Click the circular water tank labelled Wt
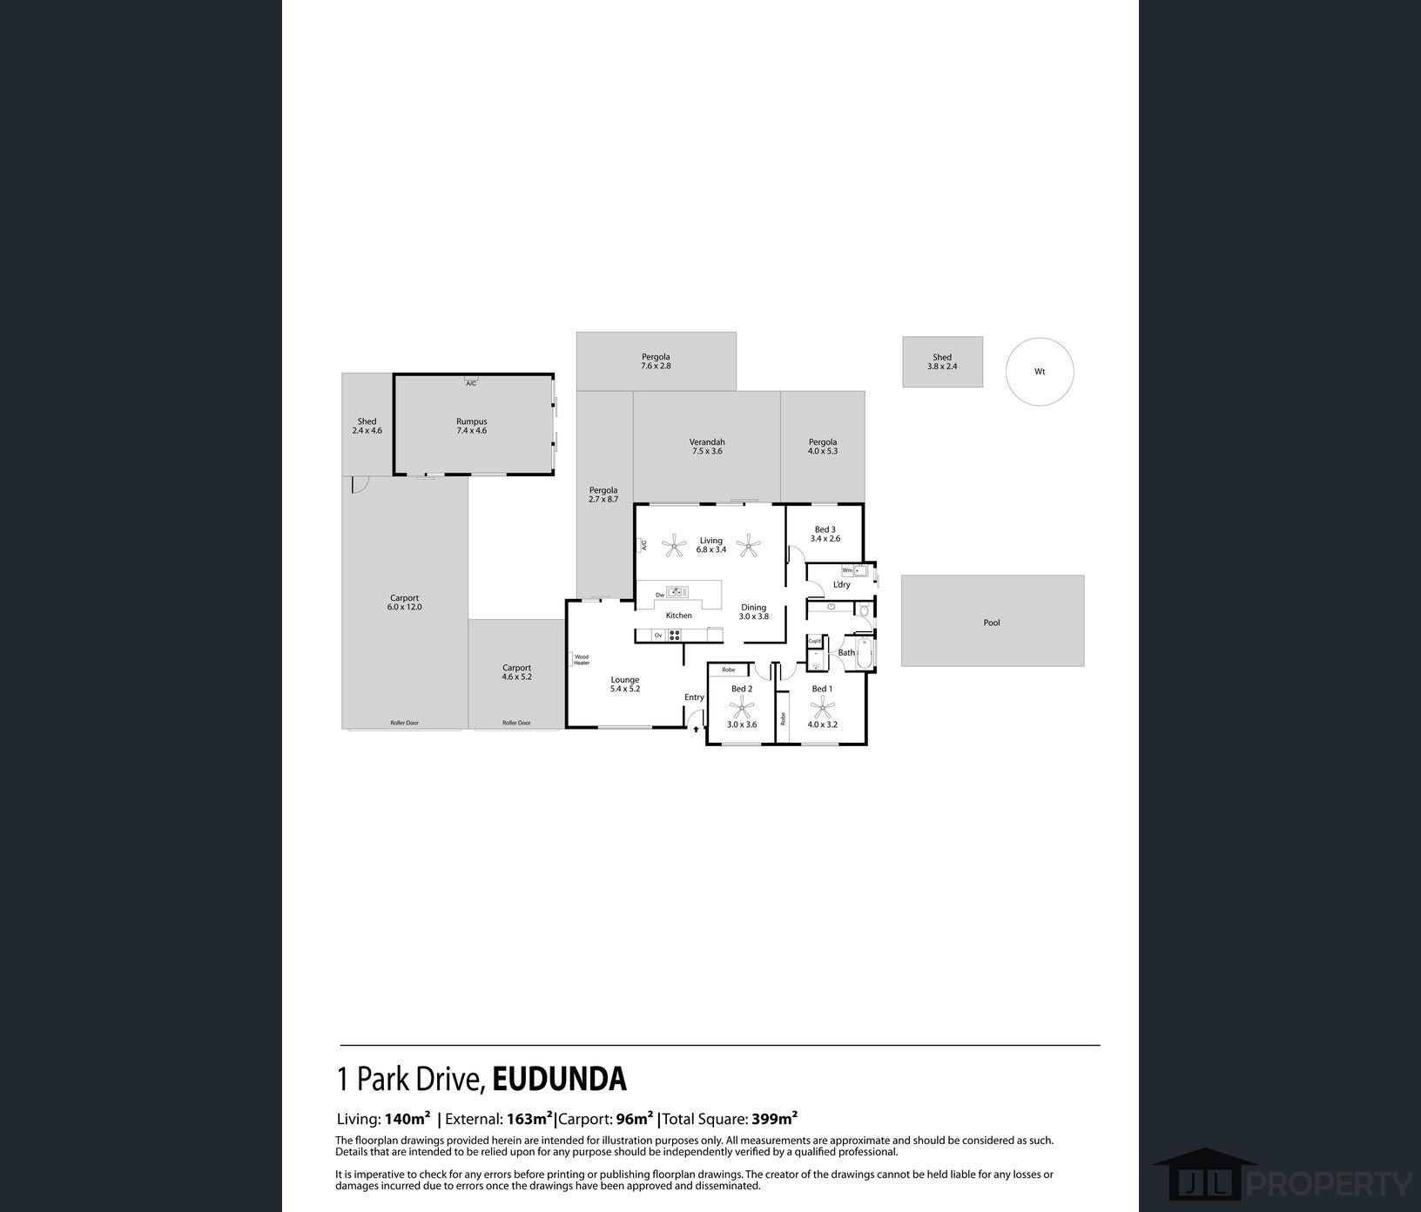pyautogui.click(x=1039, y=372)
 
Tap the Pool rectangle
pyautogui.click(x=992, y=622)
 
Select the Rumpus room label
pyautogui.click(x=471, y=426)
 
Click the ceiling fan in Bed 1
pyautogui.click(x=822, y=707)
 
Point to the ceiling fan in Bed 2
pyautogui.click(x=741, y=707)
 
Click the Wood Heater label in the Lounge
pyautogui.click(x=581, y=660)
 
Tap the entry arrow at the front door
pyautogui.click(x=696, y=730)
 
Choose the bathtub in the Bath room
pyautogui.click(x=864, y=653)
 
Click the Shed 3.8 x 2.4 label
pyautogui.click(x=942, y=361)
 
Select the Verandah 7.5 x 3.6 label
pyautogui.click(x=706, y=447)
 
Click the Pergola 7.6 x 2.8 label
pyautogui.click(x=656, y=361)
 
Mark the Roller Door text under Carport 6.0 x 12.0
pyautogui.click(x=404, y=723)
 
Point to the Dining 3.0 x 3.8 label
pyautogui.click(x=753, y=612)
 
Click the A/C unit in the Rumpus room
pyautogui.click(x=471, y=381)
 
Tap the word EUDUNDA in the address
pyautogui.click(x=559, y=1079)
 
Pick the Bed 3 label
pyautogui.click(x=825, y=534)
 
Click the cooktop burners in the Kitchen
pyautogui.click(x=674, y=636)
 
